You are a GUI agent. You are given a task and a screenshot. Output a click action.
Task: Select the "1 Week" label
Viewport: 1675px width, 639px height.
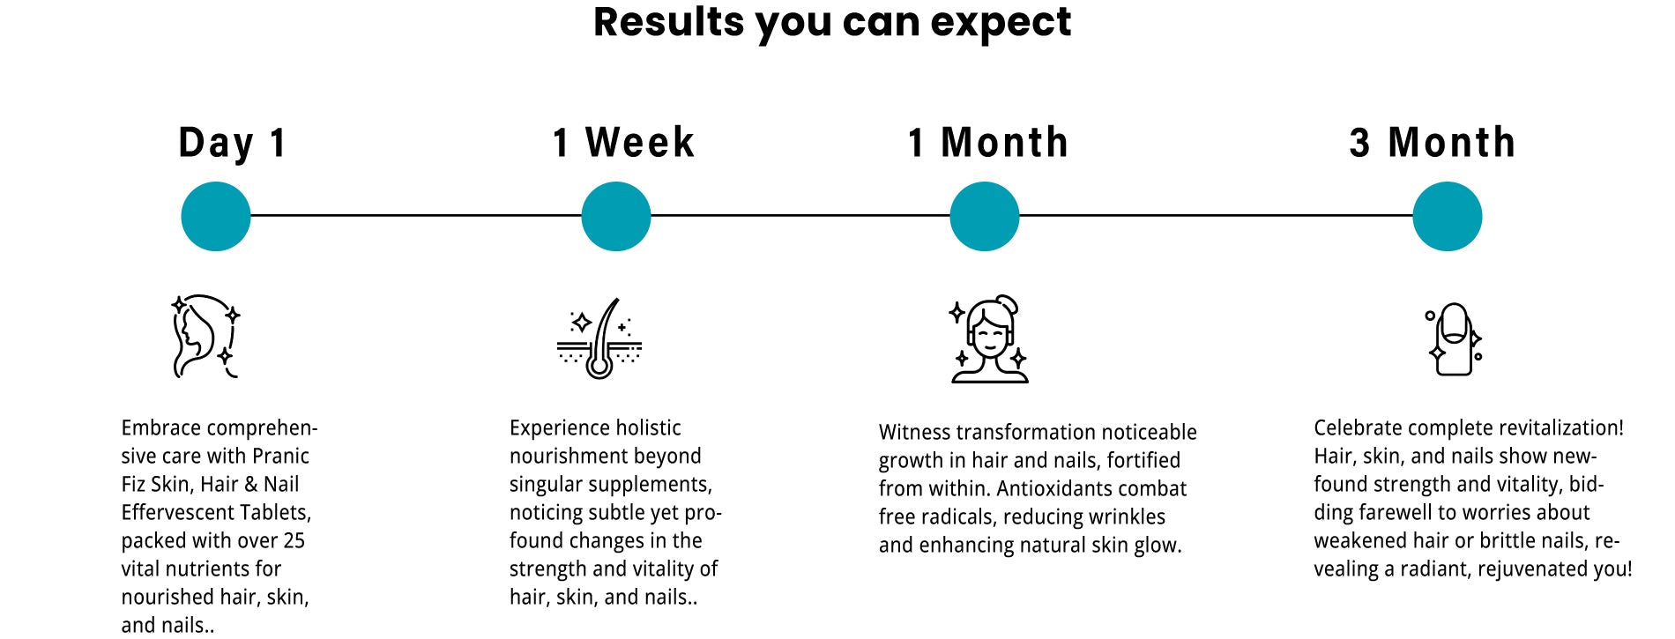(x=623, y=143)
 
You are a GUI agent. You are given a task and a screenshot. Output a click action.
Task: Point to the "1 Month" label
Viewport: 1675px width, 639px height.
(x=988, y=143)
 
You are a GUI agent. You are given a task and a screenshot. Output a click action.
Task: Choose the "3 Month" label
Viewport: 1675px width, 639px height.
(x=1432, y=143)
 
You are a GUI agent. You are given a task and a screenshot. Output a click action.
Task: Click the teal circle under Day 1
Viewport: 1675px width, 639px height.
(x=216, y=216)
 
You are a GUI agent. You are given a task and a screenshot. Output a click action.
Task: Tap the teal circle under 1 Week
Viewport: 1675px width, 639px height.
(x=616, y=216)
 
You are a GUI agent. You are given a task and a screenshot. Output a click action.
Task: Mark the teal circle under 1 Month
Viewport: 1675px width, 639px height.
(x=985, y=216)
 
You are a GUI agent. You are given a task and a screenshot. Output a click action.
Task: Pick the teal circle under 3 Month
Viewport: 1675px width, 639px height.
(x=1448, y=216)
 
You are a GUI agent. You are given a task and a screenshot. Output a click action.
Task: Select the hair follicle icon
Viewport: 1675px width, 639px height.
(x=599, y=339)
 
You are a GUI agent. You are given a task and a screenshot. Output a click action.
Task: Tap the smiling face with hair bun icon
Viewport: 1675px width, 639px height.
(x=989, y=339)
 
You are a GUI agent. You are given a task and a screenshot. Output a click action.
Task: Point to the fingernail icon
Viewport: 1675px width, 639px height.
(x=1454, y=340)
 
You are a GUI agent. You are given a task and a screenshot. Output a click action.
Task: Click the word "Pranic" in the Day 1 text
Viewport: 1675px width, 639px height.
(x=280, y=457)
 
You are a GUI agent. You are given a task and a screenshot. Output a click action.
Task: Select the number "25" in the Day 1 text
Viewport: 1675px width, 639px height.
(x=293, y=540)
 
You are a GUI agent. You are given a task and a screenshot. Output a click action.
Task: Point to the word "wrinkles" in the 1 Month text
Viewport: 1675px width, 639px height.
(x=1128, y=516)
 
